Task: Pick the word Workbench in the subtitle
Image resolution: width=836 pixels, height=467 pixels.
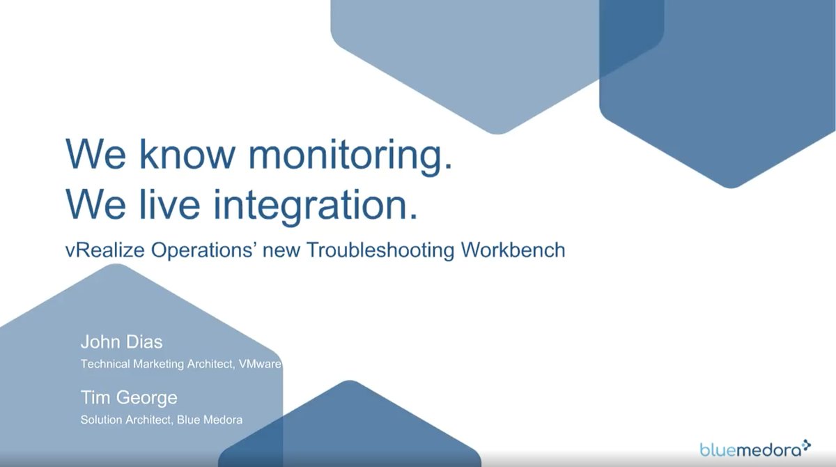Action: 512,250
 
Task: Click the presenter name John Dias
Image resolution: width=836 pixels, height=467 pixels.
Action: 121,342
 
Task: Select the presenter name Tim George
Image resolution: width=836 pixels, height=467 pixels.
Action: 129,398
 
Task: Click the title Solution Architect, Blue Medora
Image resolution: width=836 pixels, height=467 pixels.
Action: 162,420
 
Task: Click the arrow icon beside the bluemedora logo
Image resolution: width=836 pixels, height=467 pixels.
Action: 807,444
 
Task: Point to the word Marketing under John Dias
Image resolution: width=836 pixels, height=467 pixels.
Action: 157,364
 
